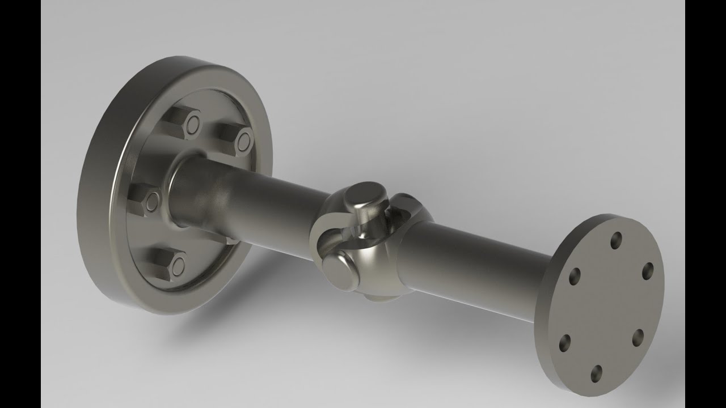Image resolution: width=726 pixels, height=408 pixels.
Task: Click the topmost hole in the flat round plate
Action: point(616,240)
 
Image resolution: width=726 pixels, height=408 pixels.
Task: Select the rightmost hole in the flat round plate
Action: point(648,271)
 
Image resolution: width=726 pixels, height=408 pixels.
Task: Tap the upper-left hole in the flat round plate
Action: point(574,276)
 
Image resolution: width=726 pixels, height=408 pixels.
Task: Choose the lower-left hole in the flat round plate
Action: point(564,342)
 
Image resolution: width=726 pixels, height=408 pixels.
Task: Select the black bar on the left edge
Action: point(20,204)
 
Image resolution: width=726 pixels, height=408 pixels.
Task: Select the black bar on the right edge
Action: point(706,204)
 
